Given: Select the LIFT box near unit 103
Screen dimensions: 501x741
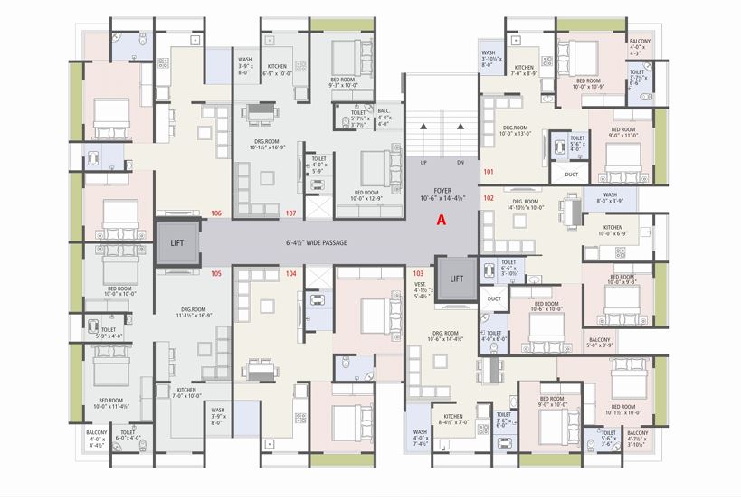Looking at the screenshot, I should point(457,279).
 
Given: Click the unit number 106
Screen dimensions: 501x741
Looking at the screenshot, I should point(216,213).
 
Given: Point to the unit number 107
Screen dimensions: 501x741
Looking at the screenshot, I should point(291,213).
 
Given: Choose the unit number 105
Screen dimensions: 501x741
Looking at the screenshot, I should point(216,273).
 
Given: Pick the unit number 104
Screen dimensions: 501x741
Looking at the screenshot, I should point(290,273).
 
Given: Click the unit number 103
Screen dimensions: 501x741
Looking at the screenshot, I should point(418,273).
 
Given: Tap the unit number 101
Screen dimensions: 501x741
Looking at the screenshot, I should point(489,172).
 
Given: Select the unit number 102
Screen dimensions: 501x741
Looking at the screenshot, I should point(489,197).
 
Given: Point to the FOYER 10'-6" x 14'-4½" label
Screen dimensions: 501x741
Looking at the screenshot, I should point(442,192).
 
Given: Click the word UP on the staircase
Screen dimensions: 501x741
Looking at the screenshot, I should point(422,163).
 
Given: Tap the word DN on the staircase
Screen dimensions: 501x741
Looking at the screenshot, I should point(461,163).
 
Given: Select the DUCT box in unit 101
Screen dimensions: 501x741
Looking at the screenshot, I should point(571,175).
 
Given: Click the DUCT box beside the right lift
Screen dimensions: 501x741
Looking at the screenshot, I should point(494,298).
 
